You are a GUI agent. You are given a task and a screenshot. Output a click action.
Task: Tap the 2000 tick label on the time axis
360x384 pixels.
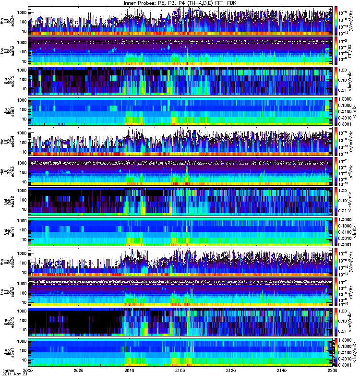pos(28,371)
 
